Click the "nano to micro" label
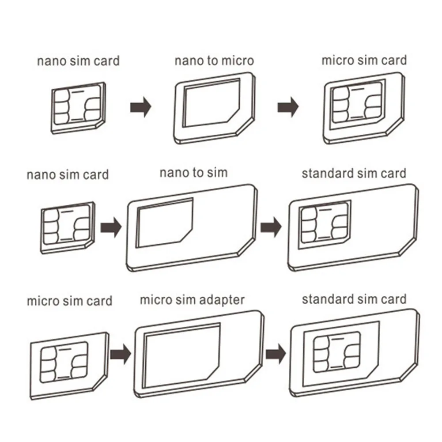pos(214,60)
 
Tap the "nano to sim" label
pos(193,172)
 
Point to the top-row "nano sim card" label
pos(78,60)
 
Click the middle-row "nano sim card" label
pos(68,174)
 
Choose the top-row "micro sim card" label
pos(364,60)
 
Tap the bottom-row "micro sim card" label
pos(69,302)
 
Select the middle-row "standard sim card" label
pos(354,173)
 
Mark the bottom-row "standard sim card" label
pos(354,299)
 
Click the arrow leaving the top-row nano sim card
pos(141,107)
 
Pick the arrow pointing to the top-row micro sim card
pos(288,107)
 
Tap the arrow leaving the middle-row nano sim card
pos(110,228)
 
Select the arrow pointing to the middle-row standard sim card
pos(271,227)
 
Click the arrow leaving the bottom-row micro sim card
pos(120,353)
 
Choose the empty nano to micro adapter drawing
pos(214,110)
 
